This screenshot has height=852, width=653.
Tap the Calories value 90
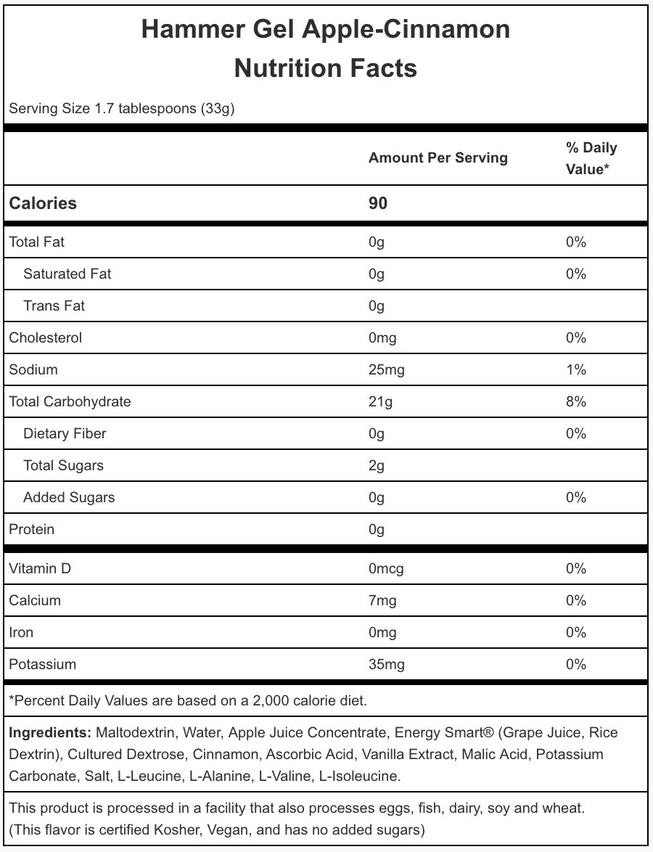pyautogui.click(x=378, y=203)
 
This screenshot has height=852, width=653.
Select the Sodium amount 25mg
pyautogui.click(x=386, y=370)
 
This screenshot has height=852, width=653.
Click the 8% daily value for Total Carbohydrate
pyautogui.click(x=576, y=402)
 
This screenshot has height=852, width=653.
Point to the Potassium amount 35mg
pyautogui.click(x=386, y=665)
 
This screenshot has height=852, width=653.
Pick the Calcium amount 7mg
pyautogui.click(x=382, y=601)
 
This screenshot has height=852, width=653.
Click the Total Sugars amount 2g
pyautogui.click(x=377, y=466)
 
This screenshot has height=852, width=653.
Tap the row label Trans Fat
pyautogui.click(x=54, y=306)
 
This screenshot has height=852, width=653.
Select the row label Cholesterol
pyautogui.click(x=45, y=338)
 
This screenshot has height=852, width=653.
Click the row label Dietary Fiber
pyautogui.click(x=65, y=434)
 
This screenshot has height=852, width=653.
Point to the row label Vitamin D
pyautogui.click(x=40, y=569)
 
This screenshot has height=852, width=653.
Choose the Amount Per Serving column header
pyautogui.click(x=438, y=158)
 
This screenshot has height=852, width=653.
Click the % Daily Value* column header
pyautogui.click(x=591, y=158)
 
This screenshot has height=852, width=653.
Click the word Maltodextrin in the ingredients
pyautogui.click(x=136, y=733)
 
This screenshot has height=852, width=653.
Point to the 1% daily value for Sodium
pyautogui.click(x=576, y=370)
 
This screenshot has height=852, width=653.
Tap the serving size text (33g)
pyautogui.click(x=218, y=109)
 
